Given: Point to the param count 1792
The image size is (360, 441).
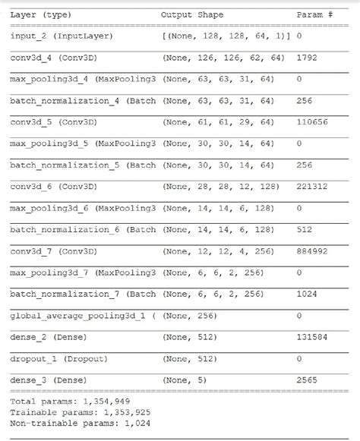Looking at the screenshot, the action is point(309,57).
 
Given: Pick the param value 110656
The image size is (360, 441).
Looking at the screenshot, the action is point(314,121).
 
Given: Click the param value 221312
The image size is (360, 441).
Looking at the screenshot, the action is point(314,186).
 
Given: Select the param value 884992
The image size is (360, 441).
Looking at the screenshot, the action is point(314,250).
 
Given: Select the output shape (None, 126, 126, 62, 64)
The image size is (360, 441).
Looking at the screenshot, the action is point(223,57).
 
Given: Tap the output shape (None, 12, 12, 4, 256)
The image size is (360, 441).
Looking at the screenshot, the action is point(220,250).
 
